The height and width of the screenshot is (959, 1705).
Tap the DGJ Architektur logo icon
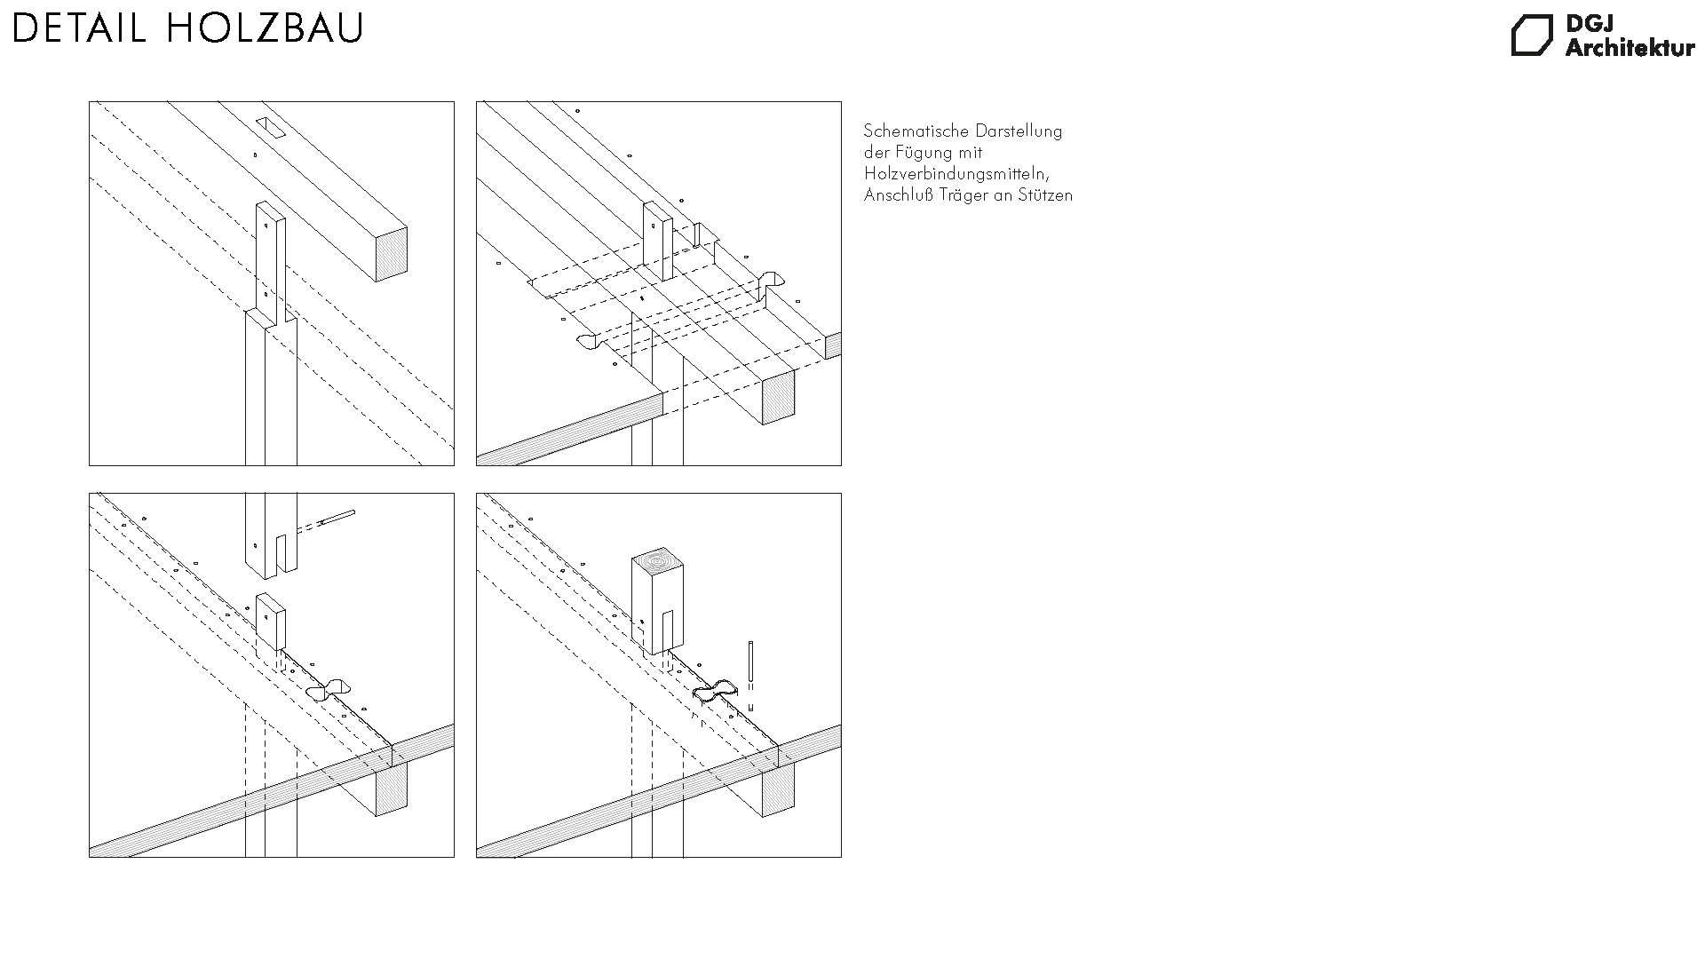click(x=1533, y=36)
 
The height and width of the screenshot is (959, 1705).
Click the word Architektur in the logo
click(x=1630, y=48)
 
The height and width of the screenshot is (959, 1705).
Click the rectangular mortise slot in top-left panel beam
click(x=270, y=128)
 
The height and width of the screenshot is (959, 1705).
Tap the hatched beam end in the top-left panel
click(x=391, y=254)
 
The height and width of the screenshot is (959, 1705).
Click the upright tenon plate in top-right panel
click(x=658, y=240)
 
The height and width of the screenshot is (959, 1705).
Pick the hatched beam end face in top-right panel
click(x=779, y=396)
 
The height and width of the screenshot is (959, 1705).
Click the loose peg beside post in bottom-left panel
click(x=337, y=518)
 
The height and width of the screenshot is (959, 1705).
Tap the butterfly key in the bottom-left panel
click(x=329, y=690)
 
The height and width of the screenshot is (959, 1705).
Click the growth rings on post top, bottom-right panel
click(x=659, y=562)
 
